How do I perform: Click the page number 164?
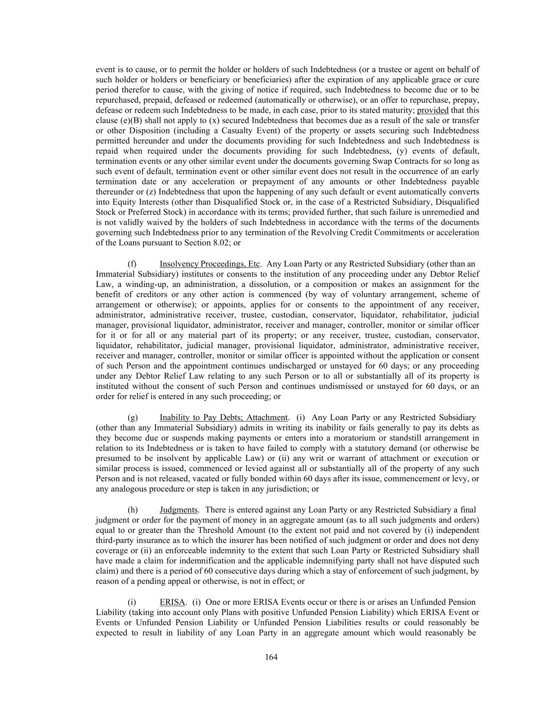coord(271,657)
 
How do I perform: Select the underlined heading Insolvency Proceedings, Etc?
coord(209,264)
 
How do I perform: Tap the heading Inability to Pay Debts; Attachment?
coord(223,417)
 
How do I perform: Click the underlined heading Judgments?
coord(179,510)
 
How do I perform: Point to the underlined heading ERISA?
coord(172,602)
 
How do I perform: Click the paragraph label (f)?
coord(132,264)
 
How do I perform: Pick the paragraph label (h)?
coord(133,510)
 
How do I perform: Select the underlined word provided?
coord(432,110)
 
